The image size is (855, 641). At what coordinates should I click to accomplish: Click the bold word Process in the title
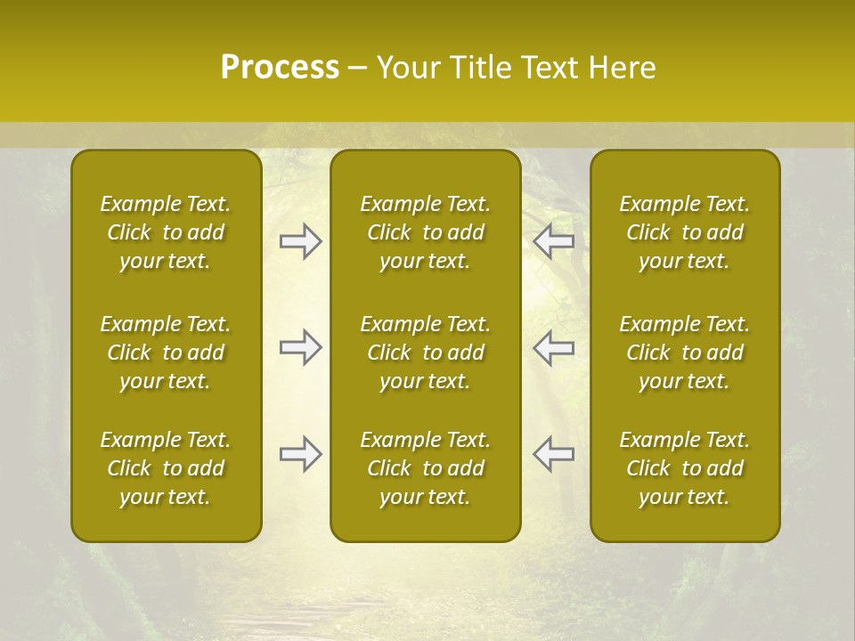coord(280,68)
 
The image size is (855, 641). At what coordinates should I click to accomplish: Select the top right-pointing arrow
coord(301,241)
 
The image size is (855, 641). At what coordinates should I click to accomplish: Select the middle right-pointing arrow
coord(301,347)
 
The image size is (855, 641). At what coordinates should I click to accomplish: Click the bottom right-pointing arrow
coord(301,454)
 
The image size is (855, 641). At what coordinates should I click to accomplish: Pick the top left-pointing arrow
coord(553,241)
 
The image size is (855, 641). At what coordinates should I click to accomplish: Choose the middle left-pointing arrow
coord(553,347)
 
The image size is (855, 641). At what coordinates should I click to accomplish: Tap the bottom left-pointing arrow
coord(553,454)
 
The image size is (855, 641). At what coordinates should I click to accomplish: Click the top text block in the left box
coord(166,232)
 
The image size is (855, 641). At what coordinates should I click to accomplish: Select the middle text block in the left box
coord(166,353)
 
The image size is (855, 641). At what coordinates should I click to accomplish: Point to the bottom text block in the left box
coord(166,468)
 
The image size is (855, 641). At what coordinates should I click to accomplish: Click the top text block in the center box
coord(426,232)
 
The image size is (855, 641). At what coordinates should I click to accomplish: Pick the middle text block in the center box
coord(426,353)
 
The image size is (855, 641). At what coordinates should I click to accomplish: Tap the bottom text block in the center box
coord(426,468)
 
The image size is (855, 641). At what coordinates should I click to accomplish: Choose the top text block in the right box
coord(685,232)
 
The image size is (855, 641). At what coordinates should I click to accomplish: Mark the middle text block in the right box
coord(685,353)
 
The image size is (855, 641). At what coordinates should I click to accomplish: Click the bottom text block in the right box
coord(685,468)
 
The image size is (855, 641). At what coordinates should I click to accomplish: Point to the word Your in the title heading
coord(406,68)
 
